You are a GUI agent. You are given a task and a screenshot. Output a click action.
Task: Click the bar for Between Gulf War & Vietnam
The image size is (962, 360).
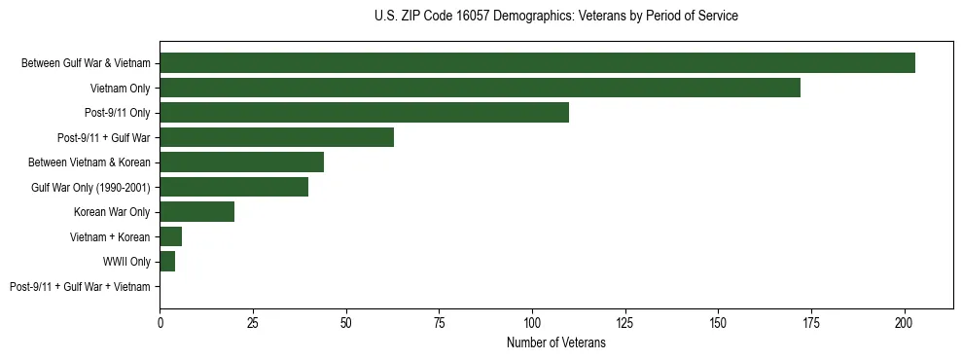[x=537, y=63]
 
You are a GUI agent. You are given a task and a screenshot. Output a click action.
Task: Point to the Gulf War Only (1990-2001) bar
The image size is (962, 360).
[x=233, y=187]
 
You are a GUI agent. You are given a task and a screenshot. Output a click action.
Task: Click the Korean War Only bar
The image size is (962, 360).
[x=196, y=212]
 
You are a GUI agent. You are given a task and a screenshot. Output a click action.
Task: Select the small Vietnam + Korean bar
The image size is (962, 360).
[x=170, y=236]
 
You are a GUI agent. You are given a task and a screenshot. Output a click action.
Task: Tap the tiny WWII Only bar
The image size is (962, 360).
[x=167, y=262]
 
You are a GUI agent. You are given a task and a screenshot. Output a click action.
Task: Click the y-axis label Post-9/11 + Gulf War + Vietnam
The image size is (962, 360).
[x=80, y=287]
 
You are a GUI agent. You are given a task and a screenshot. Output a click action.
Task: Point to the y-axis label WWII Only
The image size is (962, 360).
[x=126, y=262]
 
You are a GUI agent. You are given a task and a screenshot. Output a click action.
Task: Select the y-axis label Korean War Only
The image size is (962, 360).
[x=112, y=212]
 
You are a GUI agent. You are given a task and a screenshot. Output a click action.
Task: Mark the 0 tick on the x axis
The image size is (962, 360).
[x=160, y=321]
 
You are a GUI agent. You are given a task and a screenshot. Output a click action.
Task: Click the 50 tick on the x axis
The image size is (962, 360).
[x=345, y=321]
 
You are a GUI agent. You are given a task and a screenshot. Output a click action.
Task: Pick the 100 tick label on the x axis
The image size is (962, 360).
[x=532, y=321]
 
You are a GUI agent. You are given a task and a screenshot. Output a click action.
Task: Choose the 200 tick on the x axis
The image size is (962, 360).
[x=905, y=321]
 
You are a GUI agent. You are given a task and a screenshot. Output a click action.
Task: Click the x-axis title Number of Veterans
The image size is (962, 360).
[x=555, y=342]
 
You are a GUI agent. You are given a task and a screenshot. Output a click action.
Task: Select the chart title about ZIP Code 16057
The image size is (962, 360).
[x=555, y=17]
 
